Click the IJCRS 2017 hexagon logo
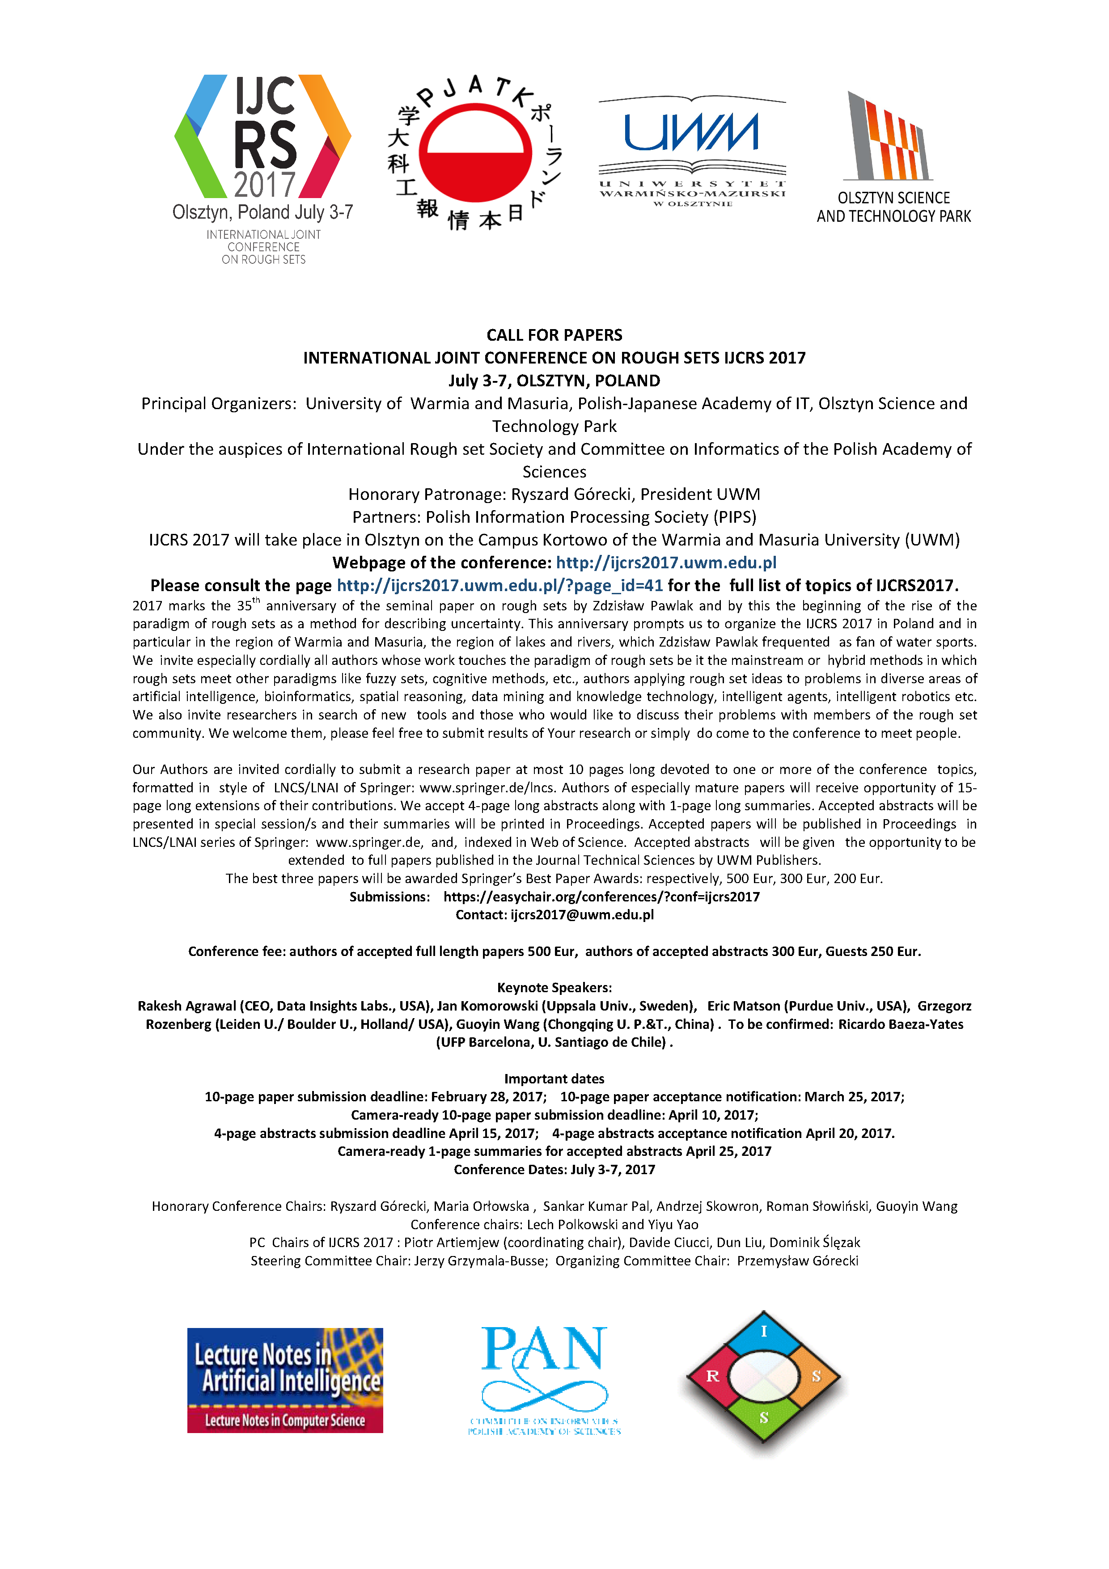(x=263, y=137)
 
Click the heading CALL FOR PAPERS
(x=554, y=335)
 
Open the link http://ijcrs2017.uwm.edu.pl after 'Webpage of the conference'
(x=666, y=562)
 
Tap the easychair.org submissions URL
(x=601, y=897)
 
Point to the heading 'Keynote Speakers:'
(x=554, y=987)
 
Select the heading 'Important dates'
(x=554, y=1078)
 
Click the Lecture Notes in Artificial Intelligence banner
(x=285, y=1380)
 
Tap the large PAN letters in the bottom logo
(x=544, y=1349)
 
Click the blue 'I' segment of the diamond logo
(x=763, y=1332)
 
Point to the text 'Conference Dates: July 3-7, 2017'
(x=554, y=1169)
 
